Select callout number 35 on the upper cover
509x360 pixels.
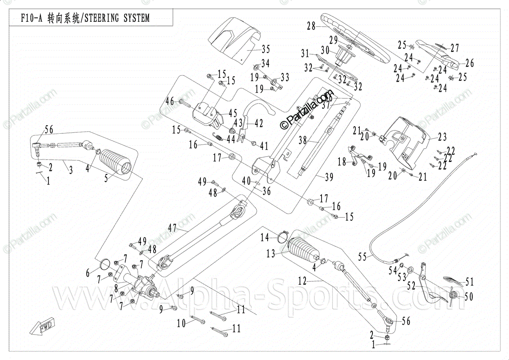pos(266,48)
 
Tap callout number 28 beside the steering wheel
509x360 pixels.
pos(312,26)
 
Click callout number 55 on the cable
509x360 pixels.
pos(362,256)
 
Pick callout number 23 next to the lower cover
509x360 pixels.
pos(443,137)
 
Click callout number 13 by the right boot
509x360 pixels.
pos(271,254)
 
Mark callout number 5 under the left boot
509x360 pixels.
pos(106,179)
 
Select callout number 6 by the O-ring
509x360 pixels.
pos(88,273)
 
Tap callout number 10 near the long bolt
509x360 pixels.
pos(181,323)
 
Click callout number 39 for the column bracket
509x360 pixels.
pos(329,177)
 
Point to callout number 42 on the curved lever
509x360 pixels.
pos(258,124)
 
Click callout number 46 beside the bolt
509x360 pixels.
pos(170,101)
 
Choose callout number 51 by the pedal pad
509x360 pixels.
pos(469,282)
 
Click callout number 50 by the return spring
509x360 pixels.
pos(468,297)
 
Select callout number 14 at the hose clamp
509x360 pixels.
pos(265,238)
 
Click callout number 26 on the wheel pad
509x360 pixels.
pos(469,64)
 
